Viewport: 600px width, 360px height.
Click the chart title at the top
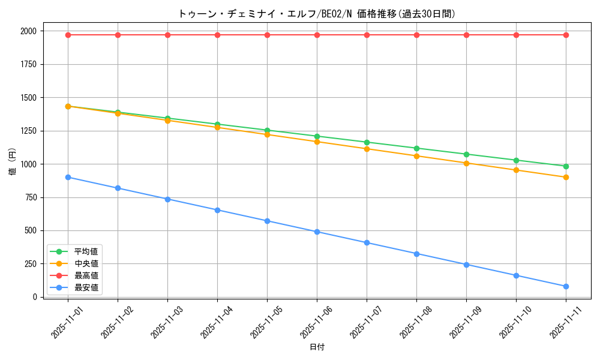(317, 14)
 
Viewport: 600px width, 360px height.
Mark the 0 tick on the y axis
(35, 297)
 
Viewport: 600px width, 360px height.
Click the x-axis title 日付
(317, 347)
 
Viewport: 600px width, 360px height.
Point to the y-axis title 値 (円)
(13, 164)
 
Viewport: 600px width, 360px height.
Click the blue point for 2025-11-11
(566, 286)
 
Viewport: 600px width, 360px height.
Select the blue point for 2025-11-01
(68, 177)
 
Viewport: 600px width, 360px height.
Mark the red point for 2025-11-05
(267, 35)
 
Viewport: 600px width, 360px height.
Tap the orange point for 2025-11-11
(566, 177)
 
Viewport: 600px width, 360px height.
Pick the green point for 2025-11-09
(466, 154)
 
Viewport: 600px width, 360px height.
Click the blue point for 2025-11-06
(317, 232)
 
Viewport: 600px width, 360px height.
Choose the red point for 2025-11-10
(516, 35)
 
